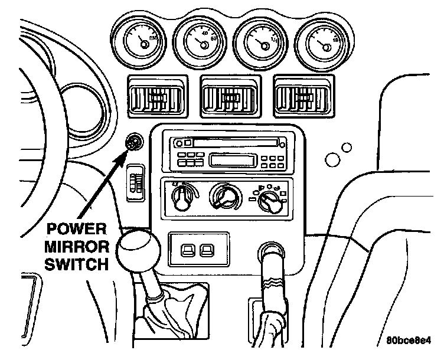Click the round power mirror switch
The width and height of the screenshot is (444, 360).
tap(134, 142)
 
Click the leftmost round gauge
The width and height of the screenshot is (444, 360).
tap(136, 40)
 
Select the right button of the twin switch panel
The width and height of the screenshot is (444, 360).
tap(207, 251)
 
